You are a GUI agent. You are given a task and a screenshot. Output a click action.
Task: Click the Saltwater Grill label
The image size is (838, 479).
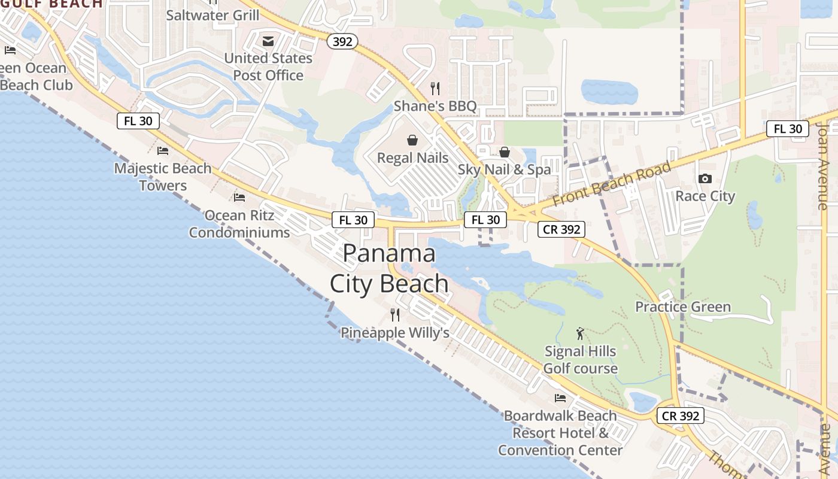tap(212, 15)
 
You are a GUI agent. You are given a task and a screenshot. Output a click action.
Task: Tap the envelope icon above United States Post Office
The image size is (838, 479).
tap(268, 41)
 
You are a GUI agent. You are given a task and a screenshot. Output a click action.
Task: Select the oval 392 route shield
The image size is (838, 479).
tap(342, 41)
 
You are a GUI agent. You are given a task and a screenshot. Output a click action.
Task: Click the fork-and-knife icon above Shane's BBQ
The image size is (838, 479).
tap(435, 89)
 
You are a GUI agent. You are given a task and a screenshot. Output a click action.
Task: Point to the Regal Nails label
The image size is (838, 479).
tap(412, 158)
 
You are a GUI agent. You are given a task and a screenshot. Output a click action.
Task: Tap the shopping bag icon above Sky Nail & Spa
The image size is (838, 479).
tap(505, 152)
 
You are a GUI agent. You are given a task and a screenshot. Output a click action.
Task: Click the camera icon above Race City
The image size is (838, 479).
tap(705, 178)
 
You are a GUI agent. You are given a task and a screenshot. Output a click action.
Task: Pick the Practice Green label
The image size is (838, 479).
tap(683, 307)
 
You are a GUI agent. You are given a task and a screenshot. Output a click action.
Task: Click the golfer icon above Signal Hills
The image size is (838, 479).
tap(579, 334)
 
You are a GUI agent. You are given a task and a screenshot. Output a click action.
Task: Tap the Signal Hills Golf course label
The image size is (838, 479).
tap(580, 360)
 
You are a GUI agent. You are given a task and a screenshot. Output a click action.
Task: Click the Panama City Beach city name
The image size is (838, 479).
tap(389, 268)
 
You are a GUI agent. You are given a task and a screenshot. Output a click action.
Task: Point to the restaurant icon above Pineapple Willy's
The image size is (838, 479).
tap(395, 315)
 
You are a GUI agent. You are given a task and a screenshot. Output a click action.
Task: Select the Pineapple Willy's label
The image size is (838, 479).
tap(395, 333)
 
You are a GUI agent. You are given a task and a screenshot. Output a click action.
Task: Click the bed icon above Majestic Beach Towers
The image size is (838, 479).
tap(163, 151)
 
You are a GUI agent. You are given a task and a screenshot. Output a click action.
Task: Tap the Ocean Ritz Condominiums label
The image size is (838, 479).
tap(239, 223)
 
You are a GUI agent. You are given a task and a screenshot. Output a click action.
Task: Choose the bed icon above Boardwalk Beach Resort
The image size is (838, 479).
tap(560, 398)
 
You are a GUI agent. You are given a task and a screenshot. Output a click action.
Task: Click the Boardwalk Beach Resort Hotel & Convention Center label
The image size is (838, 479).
tap(560, 433)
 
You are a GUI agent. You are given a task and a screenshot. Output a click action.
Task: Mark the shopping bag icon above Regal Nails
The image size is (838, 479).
tap(412, 140)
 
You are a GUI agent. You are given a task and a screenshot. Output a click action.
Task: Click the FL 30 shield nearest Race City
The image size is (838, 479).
tap(788, 129)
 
